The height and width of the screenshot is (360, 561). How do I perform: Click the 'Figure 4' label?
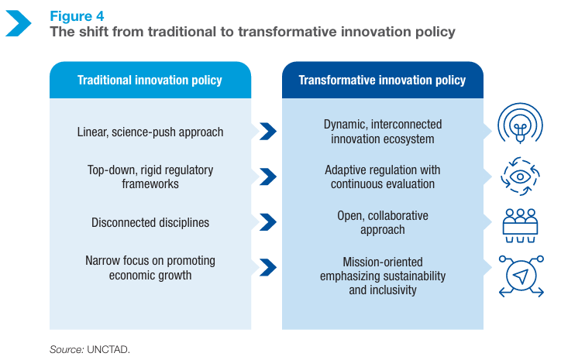coord(77,16)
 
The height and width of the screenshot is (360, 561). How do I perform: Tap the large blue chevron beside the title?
coord(19,23)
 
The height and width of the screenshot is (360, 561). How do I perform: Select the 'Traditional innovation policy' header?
coord(150,80)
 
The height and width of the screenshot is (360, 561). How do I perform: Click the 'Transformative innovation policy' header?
coord(382,80)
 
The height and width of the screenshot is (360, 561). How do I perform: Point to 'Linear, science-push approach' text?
coord(150,132)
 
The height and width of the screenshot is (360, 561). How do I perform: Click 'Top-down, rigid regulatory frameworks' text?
coord(150,177)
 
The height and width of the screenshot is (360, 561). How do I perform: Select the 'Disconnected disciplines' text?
coord(150,222)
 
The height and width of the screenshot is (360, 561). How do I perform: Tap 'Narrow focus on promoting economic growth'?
coord(150,268)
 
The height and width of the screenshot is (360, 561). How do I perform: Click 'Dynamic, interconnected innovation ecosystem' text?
coord(383,132)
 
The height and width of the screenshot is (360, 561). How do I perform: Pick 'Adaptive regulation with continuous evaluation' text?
coord(383,177)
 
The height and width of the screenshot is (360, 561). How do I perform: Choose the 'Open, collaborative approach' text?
coord(383,222)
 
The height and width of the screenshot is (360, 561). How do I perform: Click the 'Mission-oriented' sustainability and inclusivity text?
coord(383,276)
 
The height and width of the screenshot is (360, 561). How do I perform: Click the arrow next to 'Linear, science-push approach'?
coord(268,131)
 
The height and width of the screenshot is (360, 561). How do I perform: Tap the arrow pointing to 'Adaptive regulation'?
coord(268,177)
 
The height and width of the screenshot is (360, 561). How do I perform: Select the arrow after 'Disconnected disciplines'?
coord(268,222)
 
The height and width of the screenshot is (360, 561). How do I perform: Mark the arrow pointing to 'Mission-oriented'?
coord(268,267)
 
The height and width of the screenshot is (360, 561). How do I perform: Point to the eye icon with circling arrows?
coord(520,177)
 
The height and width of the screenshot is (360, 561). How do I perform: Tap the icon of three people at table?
coord(520,225)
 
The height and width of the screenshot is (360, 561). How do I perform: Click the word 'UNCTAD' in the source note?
coord(108,349)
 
